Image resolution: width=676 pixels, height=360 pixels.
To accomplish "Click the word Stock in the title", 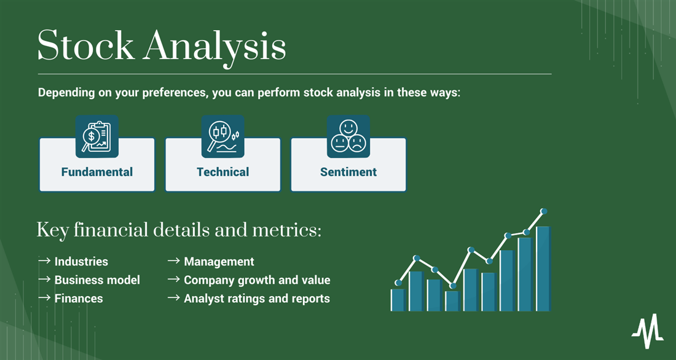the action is coord(86,45).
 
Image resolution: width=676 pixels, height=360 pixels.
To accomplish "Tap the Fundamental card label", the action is coord(97,171).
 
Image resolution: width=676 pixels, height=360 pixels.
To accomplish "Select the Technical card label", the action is coord(223,171).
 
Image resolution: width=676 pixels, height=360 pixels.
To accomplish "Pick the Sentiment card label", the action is coord(348,171).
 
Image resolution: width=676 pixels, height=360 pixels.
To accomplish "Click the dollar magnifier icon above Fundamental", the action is coord(97,136).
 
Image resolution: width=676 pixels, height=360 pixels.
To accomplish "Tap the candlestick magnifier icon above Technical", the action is coord(223,136).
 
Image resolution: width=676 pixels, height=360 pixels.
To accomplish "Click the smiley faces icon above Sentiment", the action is coord(348,136).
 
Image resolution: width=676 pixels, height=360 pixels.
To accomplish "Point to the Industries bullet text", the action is coord(81,261).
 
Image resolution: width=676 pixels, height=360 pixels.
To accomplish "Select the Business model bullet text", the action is coord(97,280).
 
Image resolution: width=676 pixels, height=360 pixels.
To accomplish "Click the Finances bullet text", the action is coord(79,299).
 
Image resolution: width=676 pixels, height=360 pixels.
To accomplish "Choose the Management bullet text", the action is coord(219,262).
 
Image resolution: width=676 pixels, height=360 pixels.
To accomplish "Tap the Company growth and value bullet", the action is coord(257,280).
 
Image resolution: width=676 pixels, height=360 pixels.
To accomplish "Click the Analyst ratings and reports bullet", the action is coord(257,299).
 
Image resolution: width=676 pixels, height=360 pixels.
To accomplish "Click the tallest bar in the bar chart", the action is coord(544,268).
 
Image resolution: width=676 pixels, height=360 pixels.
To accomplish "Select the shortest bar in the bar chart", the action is coord(398,300).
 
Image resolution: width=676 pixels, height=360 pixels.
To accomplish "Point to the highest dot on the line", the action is coord(544,211).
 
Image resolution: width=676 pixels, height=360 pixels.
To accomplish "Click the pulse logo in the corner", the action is coord(648,331).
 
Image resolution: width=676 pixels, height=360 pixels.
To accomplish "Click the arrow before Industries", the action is coord(44,260).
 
